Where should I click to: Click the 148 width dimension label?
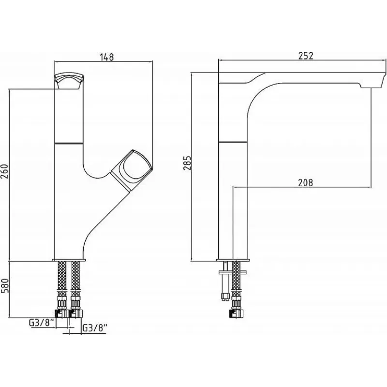pos(107,57)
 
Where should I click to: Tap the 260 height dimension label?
pos(5,171)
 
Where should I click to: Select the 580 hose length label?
pos(5,285)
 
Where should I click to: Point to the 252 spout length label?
pos(306,56)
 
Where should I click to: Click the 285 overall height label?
pos(188,163)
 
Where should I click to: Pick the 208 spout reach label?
pos(305,183)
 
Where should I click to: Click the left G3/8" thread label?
pos(42,323)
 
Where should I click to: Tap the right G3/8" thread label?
pos(95,328)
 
